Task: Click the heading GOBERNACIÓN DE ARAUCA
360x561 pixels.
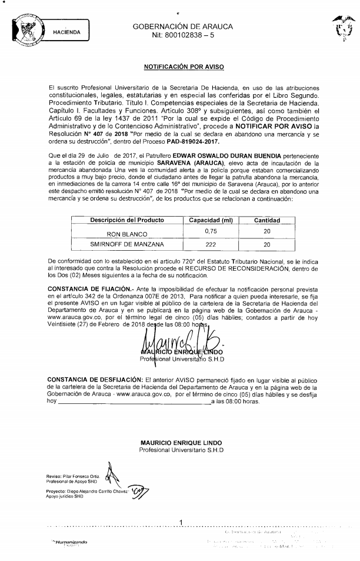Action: pos(183,26)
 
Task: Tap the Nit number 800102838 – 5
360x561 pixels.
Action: pos(183,36)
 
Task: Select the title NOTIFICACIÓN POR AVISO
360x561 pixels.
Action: pos(183,68)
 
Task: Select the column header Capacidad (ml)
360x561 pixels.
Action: pos(211,220)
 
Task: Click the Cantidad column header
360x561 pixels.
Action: pos(266,220)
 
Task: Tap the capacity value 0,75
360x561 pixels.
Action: pos(211,231)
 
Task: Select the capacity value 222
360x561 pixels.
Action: pos(211,243)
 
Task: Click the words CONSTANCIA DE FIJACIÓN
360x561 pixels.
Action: pos(86,286)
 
